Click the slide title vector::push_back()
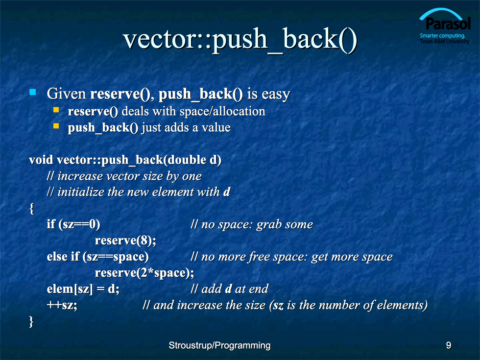[240, 40]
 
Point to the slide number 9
[449, 345]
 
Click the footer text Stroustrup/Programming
[219, 346]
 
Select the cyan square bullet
[33, 92]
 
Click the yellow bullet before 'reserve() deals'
[56, 110]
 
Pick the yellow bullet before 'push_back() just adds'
[56, 126]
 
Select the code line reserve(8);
[125, 240]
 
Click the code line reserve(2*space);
[144, 273]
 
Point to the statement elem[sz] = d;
[83, 289]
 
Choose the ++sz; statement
[62, 305]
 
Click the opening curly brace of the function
[31, 209]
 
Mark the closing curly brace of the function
[31, 322]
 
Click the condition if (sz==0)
[73, 224]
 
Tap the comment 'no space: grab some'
[252, 225]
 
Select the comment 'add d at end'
[229, 289]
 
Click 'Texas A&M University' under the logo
[445, 41]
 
